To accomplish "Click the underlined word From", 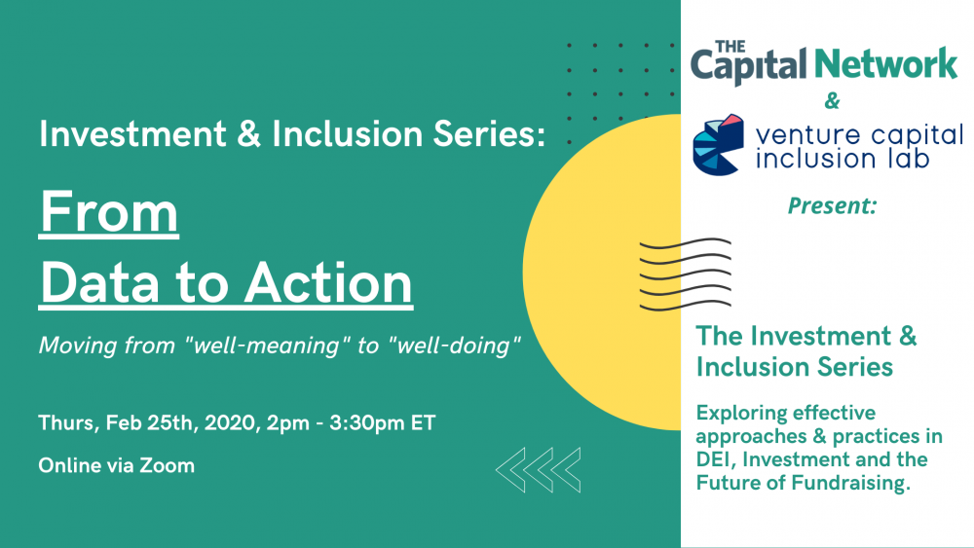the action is (x=109, y=213).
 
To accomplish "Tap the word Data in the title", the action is (x=100, y=282).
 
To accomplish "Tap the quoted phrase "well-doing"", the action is (x=455, y=346).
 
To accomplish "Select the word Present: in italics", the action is (x=833, y=205).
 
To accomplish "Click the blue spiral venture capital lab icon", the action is (x=718, y=145).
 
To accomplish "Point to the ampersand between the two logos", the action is (x=832, y=100).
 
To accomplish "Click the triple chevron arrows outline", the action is (x=538, y=470).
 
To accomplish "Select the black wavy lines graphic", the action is (x=685, y=274).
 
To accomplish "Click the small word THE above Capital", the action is (x=730, y=47).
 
